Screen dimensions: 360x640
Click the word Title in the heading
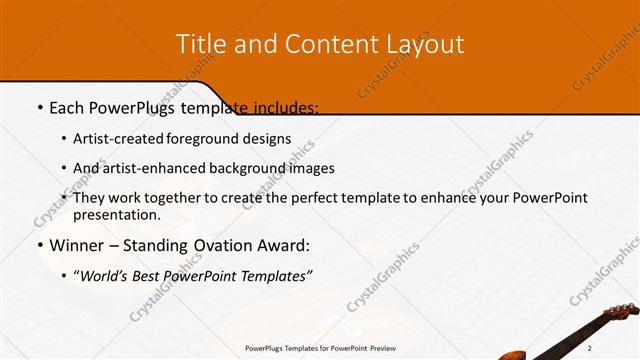point(200,44)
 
